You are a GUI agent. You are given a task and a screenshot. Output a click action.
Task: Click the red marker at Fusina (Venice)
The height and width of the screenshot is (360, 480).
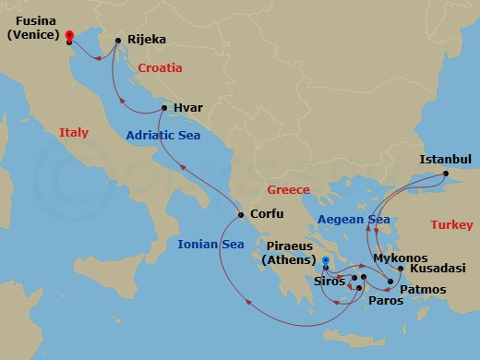(x=70, y=37)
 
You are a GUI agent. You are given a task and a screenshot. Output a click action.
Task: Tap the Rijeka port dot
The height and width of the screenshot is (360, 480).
(x=119, y=41)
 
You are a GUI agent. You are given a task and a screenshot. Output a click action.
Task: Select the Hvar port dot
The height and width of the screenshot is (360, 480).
(x=164, y=108)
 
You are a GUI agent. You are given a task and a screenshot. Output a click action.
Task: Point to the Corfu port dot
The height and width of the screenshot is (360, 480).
(x=241, y=216)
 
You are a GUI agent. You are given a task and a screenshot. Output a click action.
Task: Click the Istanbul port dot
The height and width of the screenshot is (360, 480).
(x=445, y=174)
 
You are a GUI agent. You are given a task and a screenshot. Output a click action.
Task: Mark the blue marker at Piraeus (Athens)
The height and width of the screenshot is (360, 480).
(x=325, y=272)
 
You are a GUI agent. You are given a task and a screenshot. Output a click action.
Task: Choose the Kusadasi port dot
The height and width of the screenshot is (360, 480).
(x=400, y=269)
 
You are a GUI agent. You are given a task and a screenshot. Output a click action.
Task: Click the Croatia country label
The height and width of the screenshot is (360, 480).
(x=160, y=68)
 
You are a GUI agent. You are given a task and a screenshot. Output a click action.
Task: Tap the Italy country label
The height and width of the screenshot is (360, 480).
(x=74, y=133)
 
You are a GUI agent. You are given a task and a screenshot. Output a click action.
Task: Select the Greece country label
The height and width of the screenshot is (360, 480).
(x=288, y=190)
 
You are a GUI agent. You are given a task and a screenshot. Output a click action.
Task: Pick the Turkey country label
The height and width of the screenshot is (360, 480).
(x=451, y=225)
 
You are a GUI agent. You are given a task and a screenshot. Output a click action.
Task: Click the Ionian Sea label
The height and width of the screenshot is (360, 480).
(x=211, y=245)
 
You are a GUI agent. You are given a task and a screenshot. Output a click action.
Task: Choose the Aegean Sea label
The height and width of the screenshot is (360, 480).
(x=353, y=220)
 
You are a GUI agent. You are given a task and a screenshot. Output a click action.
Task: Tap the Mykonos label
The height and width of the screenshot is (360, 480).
(x=400, y=258)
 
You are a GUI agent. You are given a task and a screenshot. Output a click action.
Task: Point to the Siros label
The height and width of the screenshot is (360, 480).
(x=330, y=281)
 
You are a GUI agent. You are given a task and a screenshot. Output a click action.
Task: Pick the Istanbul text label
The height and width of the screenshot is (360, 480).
(x=445, y=160)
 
